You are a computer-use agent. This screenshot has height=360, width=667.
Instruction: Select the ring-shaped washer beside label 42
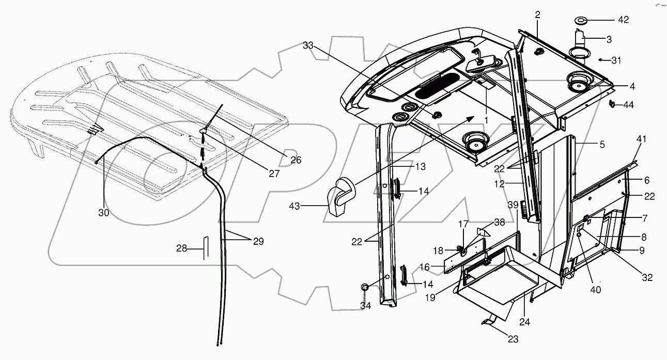coord(581,21)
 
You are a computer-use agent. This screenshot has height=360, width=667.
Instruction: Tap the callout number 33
coord(308,46)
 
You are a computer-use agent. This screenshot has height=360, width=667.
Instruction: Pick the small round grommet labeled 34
coord(365,287)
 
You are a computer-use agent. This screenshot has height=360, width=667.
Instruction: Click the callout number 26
coord(296,160)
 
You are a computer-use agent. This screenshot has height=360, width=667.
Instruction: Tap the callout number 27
coord(274,174)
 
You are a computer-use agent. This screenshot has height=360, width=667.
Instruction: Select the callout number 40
coord(595,290)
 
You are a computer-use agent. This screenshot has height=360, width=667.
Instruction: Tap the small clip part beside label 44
coord(612,104)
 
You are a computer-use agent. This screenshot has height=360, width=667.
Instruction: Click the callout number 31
coord(616,60)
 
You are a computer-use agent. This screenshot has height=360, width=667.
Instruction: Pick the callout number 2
coord(537,15)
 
